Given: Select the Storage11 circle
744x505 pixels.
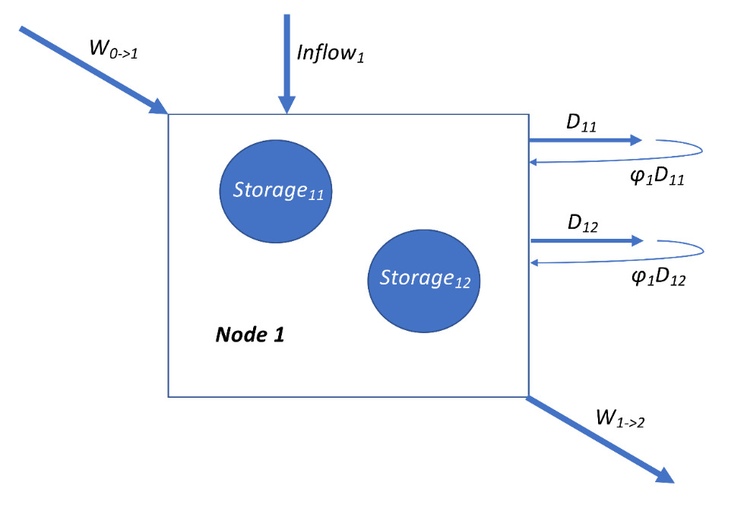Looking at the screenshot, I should pyautogui.click(x=278, y=190).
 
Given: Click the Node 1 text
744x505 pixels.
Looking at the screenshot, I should pyautogui.click(x=250, y=335).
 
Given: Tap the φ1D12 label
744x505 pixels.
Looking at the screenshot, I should pyautogui.click(x=658, y=279).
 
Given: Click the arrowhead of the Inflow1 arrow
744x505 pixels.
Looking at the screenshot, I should pyautogui.click(x=287, y=106).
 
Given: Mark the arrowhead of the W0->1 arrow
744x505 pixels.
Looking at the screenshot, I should pyautogui.click(x=158, y=106).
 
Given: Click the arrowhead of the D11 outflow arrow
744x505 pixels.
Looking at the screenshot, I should pyautogui.click(x=636, y=141).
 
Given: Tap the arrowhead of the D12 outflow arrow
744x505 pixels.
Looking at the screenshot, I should pyautogui.click(x=636, y=240).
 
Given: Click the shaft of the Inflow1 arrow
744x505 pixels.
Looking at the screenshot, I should pyautogui.click(x=287, y=53).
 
